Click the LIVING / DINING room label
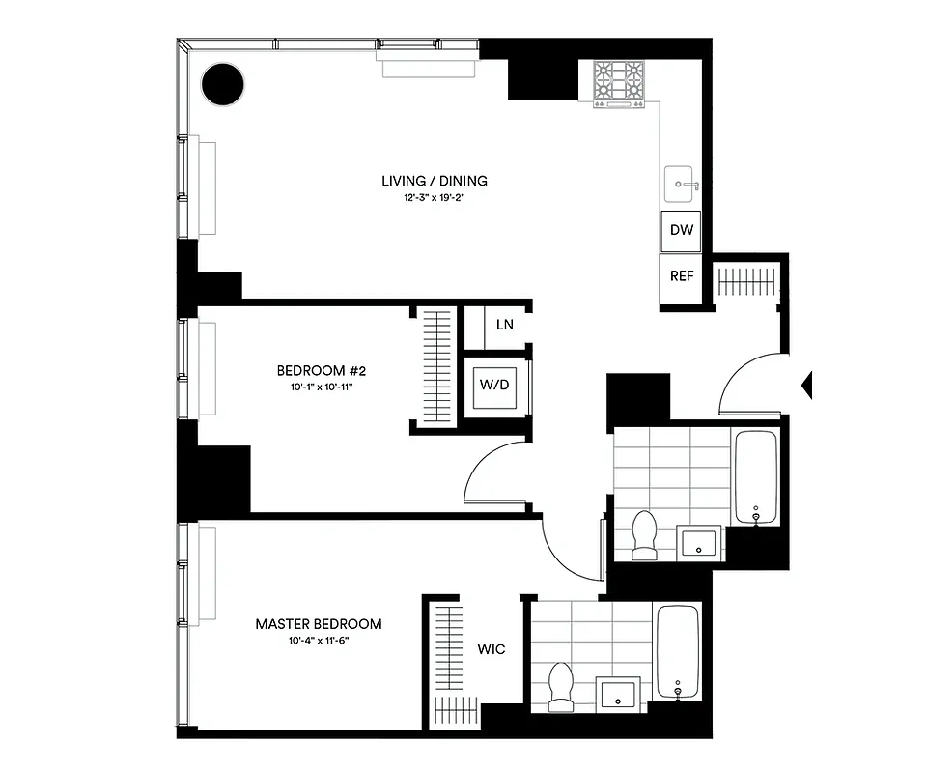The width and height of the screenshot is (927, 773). coord(434,181)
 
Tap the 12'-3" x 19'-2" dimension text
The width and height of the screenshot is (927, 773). coord(434,198)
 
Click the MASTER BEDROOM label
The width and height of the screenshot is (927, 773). coord(318,624)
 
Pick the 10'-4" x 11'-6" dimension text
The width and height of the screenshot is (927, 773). coord(318,642)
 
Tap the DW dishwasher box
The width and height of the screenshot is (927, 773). coord(681,232)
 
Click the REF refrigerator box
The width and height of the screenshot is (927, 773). coord(681,276)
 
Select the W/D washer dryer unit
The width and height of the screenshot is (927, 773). coord(493,386)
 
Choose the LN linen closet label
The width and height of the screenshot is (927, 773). coord(504,325)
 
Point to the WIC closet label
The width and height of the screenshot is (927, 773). coord(491,649)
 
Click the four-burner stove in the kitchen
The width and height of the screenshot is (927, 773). coord(618,83)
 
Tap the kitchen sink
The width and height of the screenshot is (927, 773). coord(682,181)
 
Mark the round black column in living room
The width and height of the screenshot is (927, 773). coord(223,85)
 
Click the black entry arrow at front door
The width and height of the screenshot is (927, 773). coord(807,386)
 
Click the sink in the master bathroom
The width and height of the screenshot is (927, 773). coord(617,694)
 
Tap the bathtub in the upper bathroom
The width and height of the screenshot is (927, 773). coord(756,476)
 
